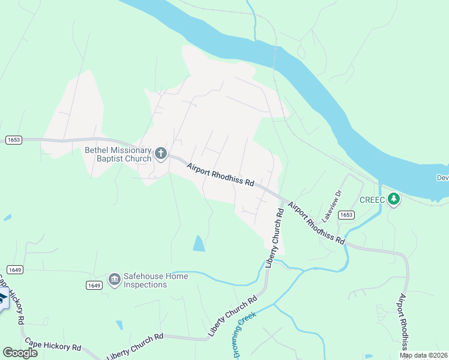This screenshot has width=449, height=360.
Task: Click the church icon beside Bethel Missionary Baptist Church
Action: [160, 154]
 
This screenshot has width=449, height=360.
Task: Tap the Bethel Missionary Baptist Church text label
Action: [118, 154]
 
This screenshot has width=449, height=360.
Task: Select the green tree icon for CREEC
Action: [394, 198]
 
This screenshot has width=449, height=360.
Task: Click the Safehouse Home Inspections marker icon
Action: [114, 280]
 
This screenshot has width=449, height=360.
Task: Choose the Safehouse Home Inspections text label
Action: [155, 280]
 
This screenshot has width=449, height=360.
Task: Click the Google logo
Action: [20, 352]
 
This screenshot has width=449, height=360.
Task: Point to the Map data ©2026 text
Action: [424, 355]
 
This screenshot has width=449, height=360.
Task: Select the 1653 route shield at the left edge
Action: [14, 140]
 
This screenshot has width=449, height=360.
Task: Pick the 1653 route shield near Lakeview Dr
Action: [346, 214]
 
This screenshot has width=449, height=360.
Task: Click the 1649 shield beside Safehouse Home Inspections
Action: [93, 284]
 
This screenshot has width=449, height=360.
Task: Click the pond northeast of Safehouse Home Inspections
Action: [198, 243]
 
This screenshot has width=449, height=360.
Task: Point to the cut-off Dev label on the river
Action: [442, 177]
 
